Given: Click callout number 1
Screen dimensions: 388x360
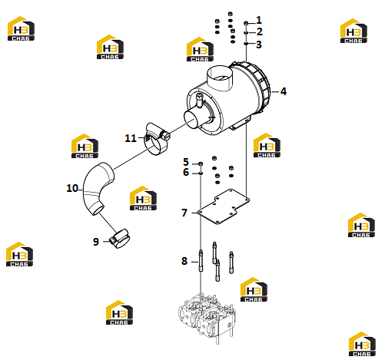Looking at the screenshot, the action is click(x=259, y=20).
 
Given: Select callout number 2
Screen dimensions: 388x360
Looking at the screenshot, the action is click(x=260, y=32).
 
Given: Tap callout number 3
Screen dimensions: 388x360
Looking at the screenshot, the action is click(x=259, y=45).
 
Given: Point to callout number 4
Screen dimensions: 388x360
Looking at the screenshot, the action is click(x=284, y=91).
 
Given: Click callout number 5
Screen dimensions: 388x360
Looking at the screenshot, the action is click(x=186, y=162).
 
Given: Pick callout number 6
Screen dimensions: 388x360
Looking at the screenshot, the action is click(x=186, y=172).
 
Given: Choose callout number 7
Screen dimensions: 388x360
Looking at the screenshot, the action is click(x=184, y=213).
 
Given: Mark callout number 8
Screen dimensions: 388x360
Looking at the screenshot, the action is click(x=184, y=261).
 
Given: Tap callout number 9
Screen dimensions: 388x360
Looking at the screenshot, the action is click(x=96, y=242).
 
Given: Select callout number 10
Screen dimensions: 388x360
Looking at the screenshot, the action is click(x=72, y=188).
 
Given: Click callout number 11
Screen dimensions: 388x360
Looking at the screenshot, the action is click(x=131, y=138).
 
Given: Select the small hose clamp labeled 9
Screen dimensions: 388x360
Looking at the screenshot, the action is click(x=120, y=239).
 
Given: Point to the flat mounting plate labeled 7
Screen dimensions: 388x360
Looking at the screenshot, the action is click(x=224, y=206).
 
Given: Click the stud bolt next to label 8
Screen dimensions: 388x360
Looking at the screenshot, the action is click(x=201, y=260).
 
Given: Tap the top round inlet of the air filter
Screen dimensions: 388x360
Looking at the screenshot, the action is click(x=220, y=78).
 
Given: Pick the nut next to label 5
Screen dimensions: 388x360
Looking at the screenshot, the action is click(x=201, y=163).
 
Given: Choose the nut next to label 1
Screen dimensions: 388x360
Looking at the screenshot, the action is click(x=246, y=24).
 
